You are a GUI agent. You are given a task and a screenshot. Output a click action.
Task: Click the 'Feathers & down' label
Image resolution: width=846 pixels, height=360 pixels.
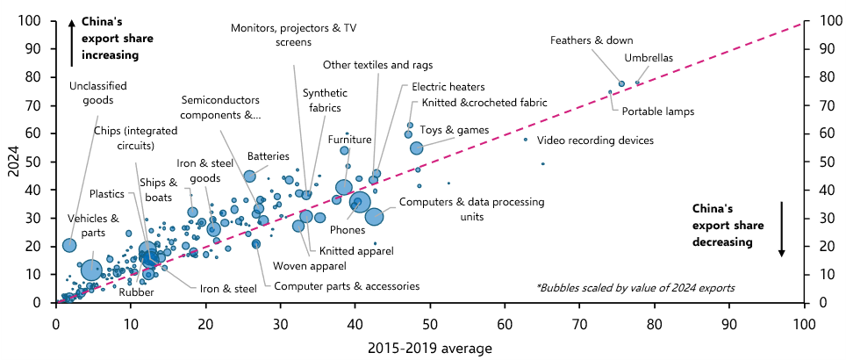[591, 40]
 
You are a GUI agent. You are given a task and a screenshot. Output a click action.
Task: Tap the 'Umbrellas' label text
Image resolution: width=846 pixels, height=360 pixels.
[649, 58]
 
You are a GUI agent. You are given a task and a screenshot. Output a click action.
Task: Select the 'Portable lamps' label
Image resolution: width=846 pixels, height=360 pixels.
[657, 112]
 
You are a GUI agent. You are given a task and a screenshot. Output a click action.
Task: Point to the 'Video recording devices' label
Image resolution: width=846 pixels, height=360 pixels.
[596, 140]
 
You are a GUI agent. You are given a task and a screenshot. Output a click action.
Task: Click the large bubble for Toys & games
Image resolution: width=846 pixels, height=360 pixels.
[417, 148]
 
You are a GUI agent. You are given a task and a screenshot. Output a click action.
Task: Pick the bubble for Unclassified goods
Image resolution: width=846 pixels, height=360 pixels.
[69, 245]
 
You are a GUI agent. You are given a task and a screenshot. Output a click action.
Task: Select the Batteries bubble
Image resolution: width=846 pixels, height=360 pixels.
[249, 176]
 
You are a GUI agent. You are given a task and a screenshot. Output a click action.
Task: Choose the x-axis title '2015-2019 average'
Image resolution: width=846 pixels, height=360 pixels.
[430, 348]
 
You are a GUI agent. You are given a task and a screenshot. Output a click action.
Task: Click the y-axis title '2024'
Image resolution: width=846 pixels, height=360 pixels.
[13, 161]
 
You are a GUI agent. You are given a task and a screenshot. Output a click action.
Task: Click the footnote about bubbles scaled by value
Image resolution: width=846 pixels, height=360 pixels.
[635, 288]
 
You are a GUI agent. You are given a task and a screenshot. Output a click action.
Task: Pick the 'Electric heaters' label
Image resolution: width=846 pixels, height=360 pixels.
[448, 86]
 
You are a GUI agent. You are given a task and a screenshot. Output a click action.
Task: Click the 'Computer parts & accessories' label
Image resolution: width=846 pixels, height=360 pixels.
[347, 286]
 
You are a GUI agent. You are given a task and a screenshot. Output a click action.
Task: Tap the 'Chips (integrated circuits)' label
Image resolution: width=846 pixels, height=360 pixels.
[135, 138]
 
